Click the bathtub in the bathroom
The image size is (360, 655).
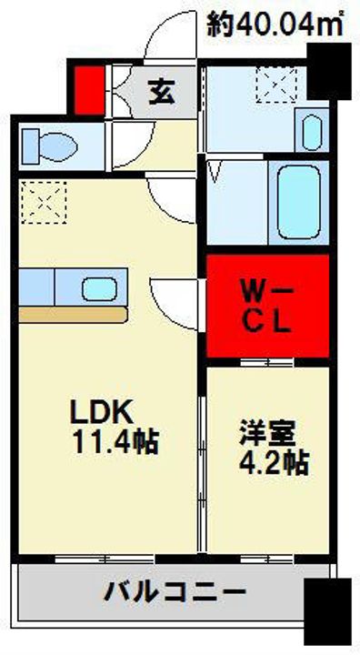(x=297, y=201)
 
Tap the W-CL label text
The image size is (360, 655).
(x=267, y=306)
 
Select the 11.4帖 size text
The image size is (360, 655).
(x=115, y=444)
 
